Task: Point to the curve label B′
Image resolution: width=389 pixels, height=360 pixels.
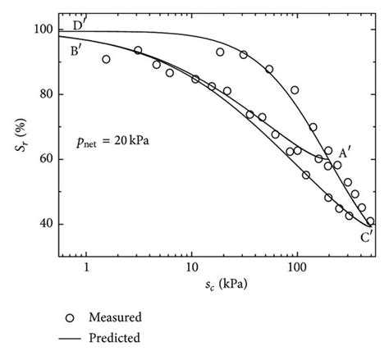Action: (x=76, y=52)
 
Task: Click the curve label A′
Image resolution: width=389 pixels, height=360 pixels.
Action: (x=344, y=153)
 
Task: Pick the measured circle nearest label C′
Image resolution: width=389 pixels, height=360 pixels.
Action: (x=370, y=221)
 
